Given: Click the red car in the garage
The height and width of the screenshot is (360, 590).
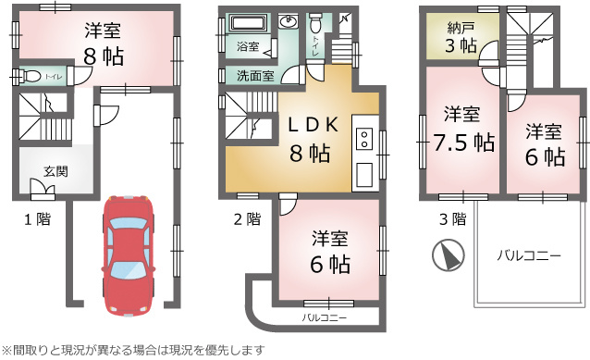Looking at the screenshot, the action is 128,255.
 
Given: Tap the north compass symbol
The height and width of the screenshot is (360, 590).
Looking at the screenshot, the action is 449,254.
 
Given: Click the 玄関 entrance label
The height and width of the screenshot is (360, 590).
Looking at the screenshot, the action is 55,171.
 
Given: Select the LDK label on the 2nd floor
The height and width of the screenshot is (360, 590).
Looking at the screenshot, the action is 313,125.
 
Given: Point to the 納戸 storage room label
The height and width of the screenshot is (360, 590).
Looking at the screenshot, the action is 461,28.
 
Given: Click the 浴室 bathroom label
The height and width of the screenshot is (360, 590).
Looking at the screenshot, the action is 248,46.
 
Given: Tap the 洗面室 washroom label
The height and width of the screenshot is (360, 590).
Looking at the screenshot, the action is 255,76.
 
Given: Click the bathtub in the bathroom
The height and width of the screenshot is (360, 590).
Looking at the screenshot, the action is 249,23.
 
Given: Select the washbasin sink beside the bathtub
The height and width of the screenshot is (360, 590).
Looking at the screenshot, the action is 289,21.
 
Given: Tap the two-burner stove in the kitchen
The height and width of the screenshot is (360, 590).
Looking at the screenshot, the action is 364,139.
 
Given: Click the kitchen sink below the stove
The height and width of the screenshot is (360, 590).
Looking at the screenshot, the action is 364,175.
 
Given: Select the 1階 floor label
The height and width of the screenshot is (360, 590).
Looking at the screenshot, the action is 37,218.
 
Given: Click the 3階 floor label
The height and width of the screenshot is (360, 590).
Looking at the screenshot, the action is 452,218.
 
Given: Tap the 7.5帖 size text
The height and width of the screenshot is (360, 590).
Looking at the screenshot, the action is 463,143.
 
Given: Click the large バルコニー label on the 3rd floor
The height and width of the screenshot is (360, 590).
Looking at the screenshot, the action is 529,256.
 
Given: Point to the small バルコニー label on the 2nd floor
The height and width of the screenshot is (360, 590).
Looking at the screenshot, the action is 325,318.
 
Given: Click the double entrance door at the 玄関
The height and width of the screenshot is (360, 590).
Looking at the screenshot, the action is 43,188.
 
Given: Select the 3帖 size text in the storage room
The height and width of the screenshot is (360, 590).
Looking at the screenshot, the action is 461,46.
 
